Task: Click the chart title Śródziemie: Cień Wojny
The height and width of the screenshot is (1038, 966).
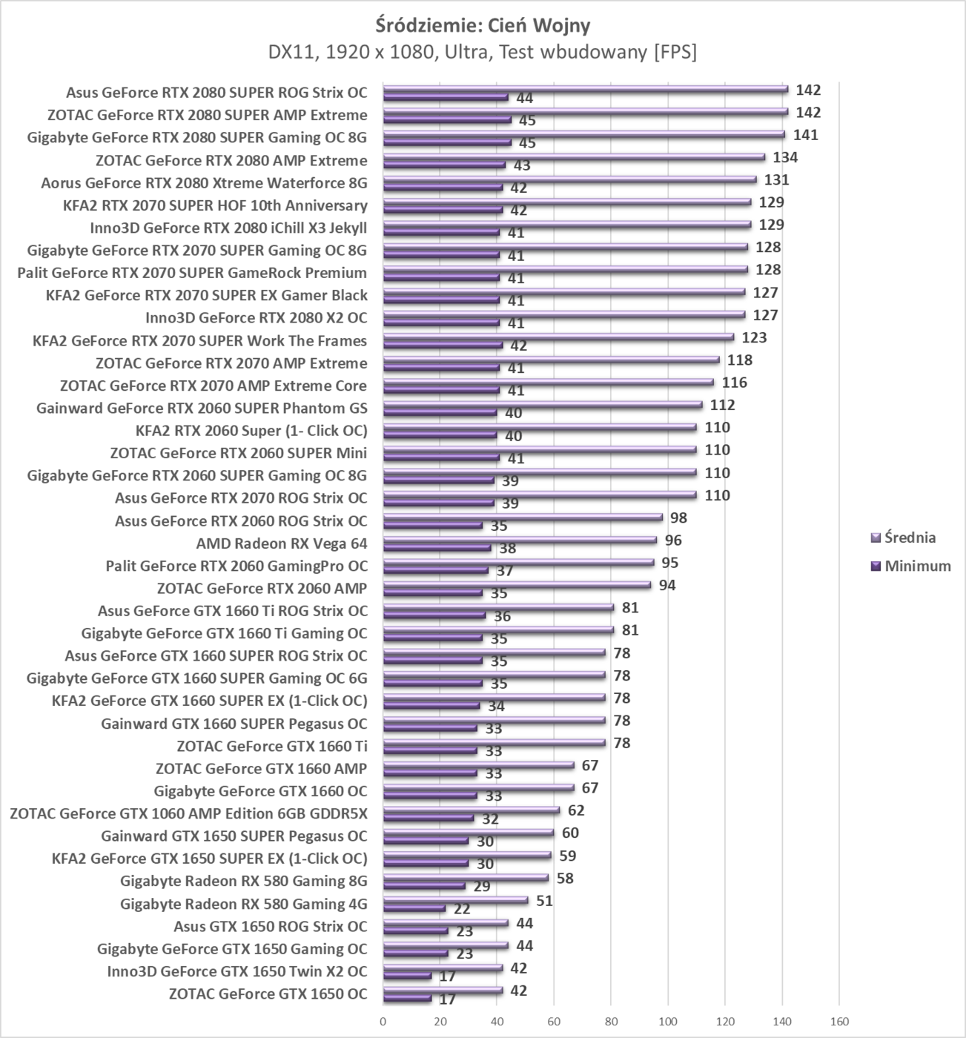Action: (483, 25)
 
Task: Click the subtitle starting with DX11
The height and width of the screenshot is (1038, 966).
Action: (483, 52)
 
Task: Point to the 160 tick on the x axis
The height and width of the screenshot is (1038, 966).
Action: (839, 1022)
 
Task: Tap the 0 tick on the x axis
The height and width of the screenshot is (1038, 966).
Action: (383, 1022)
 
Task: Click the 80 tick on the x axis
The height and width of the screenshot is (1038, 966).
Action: (611, 1022)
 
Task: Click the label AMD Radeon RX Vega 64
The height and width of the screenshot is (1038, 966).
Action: (281, 543)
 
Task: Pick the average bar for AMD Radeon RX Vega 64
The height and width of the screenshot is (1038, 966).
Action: (519, 540)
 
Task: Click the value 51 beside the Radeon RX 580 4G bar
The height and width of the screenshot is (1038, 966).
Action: (544, 901)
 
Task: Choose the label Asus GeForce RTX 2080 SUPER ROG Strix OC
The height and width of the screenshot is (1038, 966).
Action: (216, 93)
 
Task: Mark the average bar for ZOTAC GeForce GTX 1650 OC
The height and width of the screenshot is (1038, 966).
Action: (443, 990)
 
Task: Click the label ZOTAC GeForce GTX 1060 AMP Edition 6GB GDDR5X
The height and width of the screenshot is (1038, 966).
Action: (188, 813)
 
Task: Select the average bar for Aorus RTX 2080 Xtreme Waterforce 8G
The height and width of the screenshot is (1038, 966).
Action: (569, 179)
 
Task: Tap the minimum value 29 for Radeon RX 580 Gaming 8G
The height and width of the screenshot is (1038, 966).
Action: (482, 886)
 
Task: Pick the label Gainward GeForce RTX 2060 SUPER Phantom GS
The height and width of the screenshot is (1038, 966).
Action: (202, 408)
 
